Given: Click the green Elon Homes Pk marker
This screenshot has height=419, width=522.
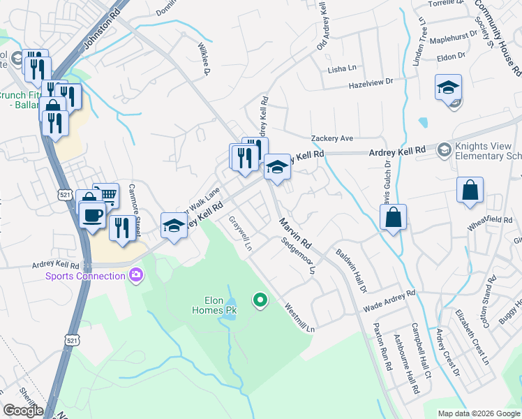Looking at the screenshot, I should (x=260, y=301).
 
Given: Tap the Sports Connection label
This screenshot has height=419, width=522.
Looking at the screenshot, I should (x=85, y=275).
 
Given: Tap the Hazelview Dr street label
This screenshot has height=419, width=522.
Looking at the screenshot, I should (x=371, y=87).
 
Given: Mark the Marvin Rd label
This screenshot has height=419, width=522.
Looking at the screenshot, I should (x=297, y=235).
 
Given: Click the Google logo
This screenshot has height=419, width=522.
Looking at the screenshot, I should (x=23, y=411).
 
